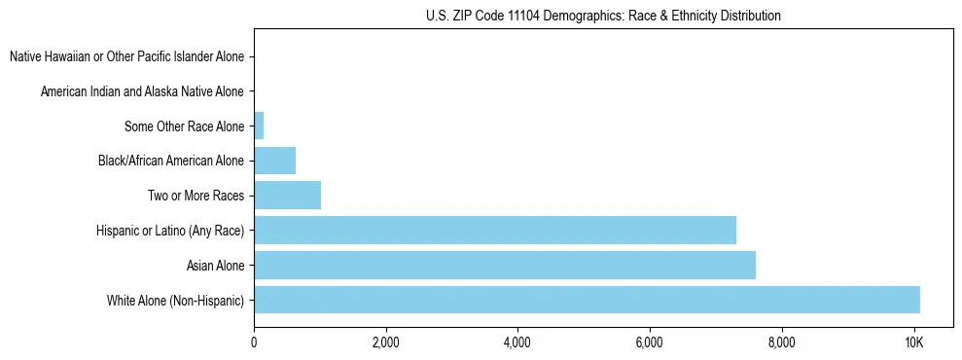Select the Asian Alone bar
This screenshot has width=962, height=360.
coord(504,265)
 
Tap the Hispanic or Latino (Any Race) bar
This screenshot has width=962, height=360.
coord(494,230)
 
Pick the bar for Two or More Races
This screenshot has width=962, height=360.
coord(287,196)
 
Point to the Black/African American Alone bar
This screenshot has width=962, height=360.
coord(274,161)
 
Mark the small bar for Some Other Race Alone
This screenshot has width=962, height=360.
coord(259,126)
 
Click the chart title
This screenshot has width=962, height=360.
coord(603,16)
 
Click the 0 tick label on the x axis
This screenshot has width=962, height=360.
coord(254,342)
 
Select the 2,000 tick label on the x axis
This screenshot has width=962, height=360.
coord(385,342)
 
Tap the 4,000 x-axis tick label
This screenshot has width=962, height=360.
coord(517,342)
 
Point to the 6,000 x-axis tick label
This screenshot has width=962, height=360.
coord(650,342)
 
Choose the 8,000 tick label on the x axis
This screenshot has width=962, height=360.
coord(781,342)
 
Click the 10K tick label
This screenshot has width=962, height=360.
coord(913,342)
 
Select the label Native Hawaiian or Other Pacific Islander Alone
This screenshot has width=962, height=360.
coord(126,56)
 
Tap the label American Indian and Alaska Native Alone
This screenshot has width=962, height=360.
coord(142,91)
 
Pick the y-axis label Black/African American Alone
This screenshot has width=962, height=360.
coord(170,161)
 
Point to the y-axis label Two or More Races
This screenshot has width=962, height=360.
coord(196,196)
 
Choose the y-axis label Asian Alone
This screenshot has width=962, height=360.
coord(215,265)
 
